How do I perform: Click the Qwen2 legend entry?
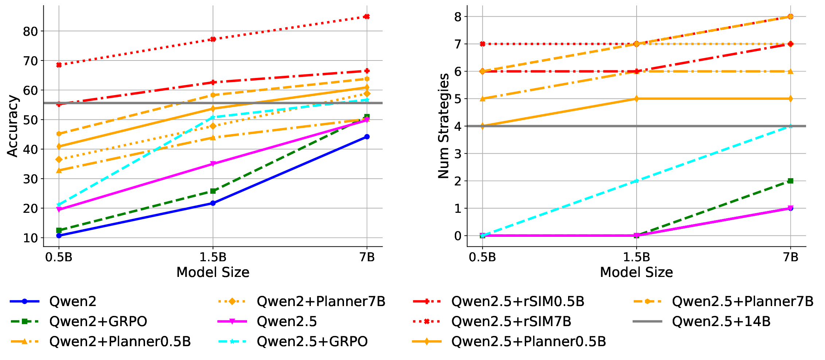73,301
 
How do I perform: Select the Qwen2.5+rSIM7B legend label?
511,321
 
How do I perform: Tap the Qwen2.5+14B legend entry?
721,321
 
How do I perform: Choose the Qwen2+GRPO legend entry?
98,321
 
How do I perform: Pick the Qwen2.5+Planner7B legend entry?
742,301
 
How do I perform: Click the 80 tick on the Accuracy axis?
30,31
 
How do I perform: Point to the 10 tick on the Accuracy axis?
30,238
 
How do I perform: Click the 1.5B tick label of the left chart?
213,257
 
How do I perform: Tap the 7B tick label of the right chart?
790,257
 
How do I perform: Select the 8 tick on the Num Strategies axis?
458,17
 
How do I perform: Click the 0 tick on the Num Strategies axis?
458,236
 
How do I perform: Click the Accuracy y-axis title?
12,126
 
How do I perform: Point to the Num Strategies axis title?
443,126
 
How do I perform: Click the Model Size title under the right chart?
636,273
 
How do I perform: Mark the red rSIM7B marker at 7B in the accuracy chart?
367,16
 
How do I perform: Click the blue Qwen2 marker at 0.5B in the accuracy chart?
59,235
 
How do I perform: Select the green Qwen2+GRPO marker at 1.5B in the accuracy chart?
213,191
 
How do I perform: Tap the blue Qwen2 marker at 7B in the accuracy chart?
367,137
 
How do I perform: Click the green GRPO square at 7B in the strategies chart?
790,181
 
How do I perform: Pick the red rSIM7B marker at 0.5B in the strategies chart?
482,44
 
